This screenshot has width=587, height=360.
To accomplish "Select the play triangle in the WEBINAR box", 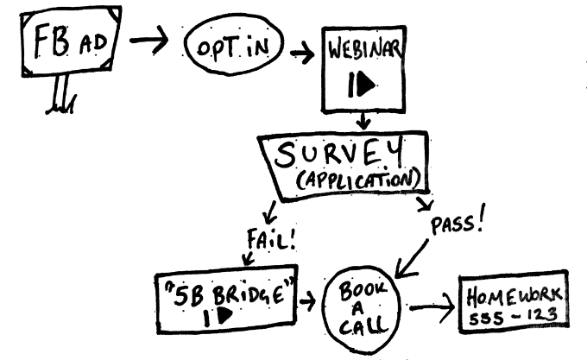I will (x=363, y=84).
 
